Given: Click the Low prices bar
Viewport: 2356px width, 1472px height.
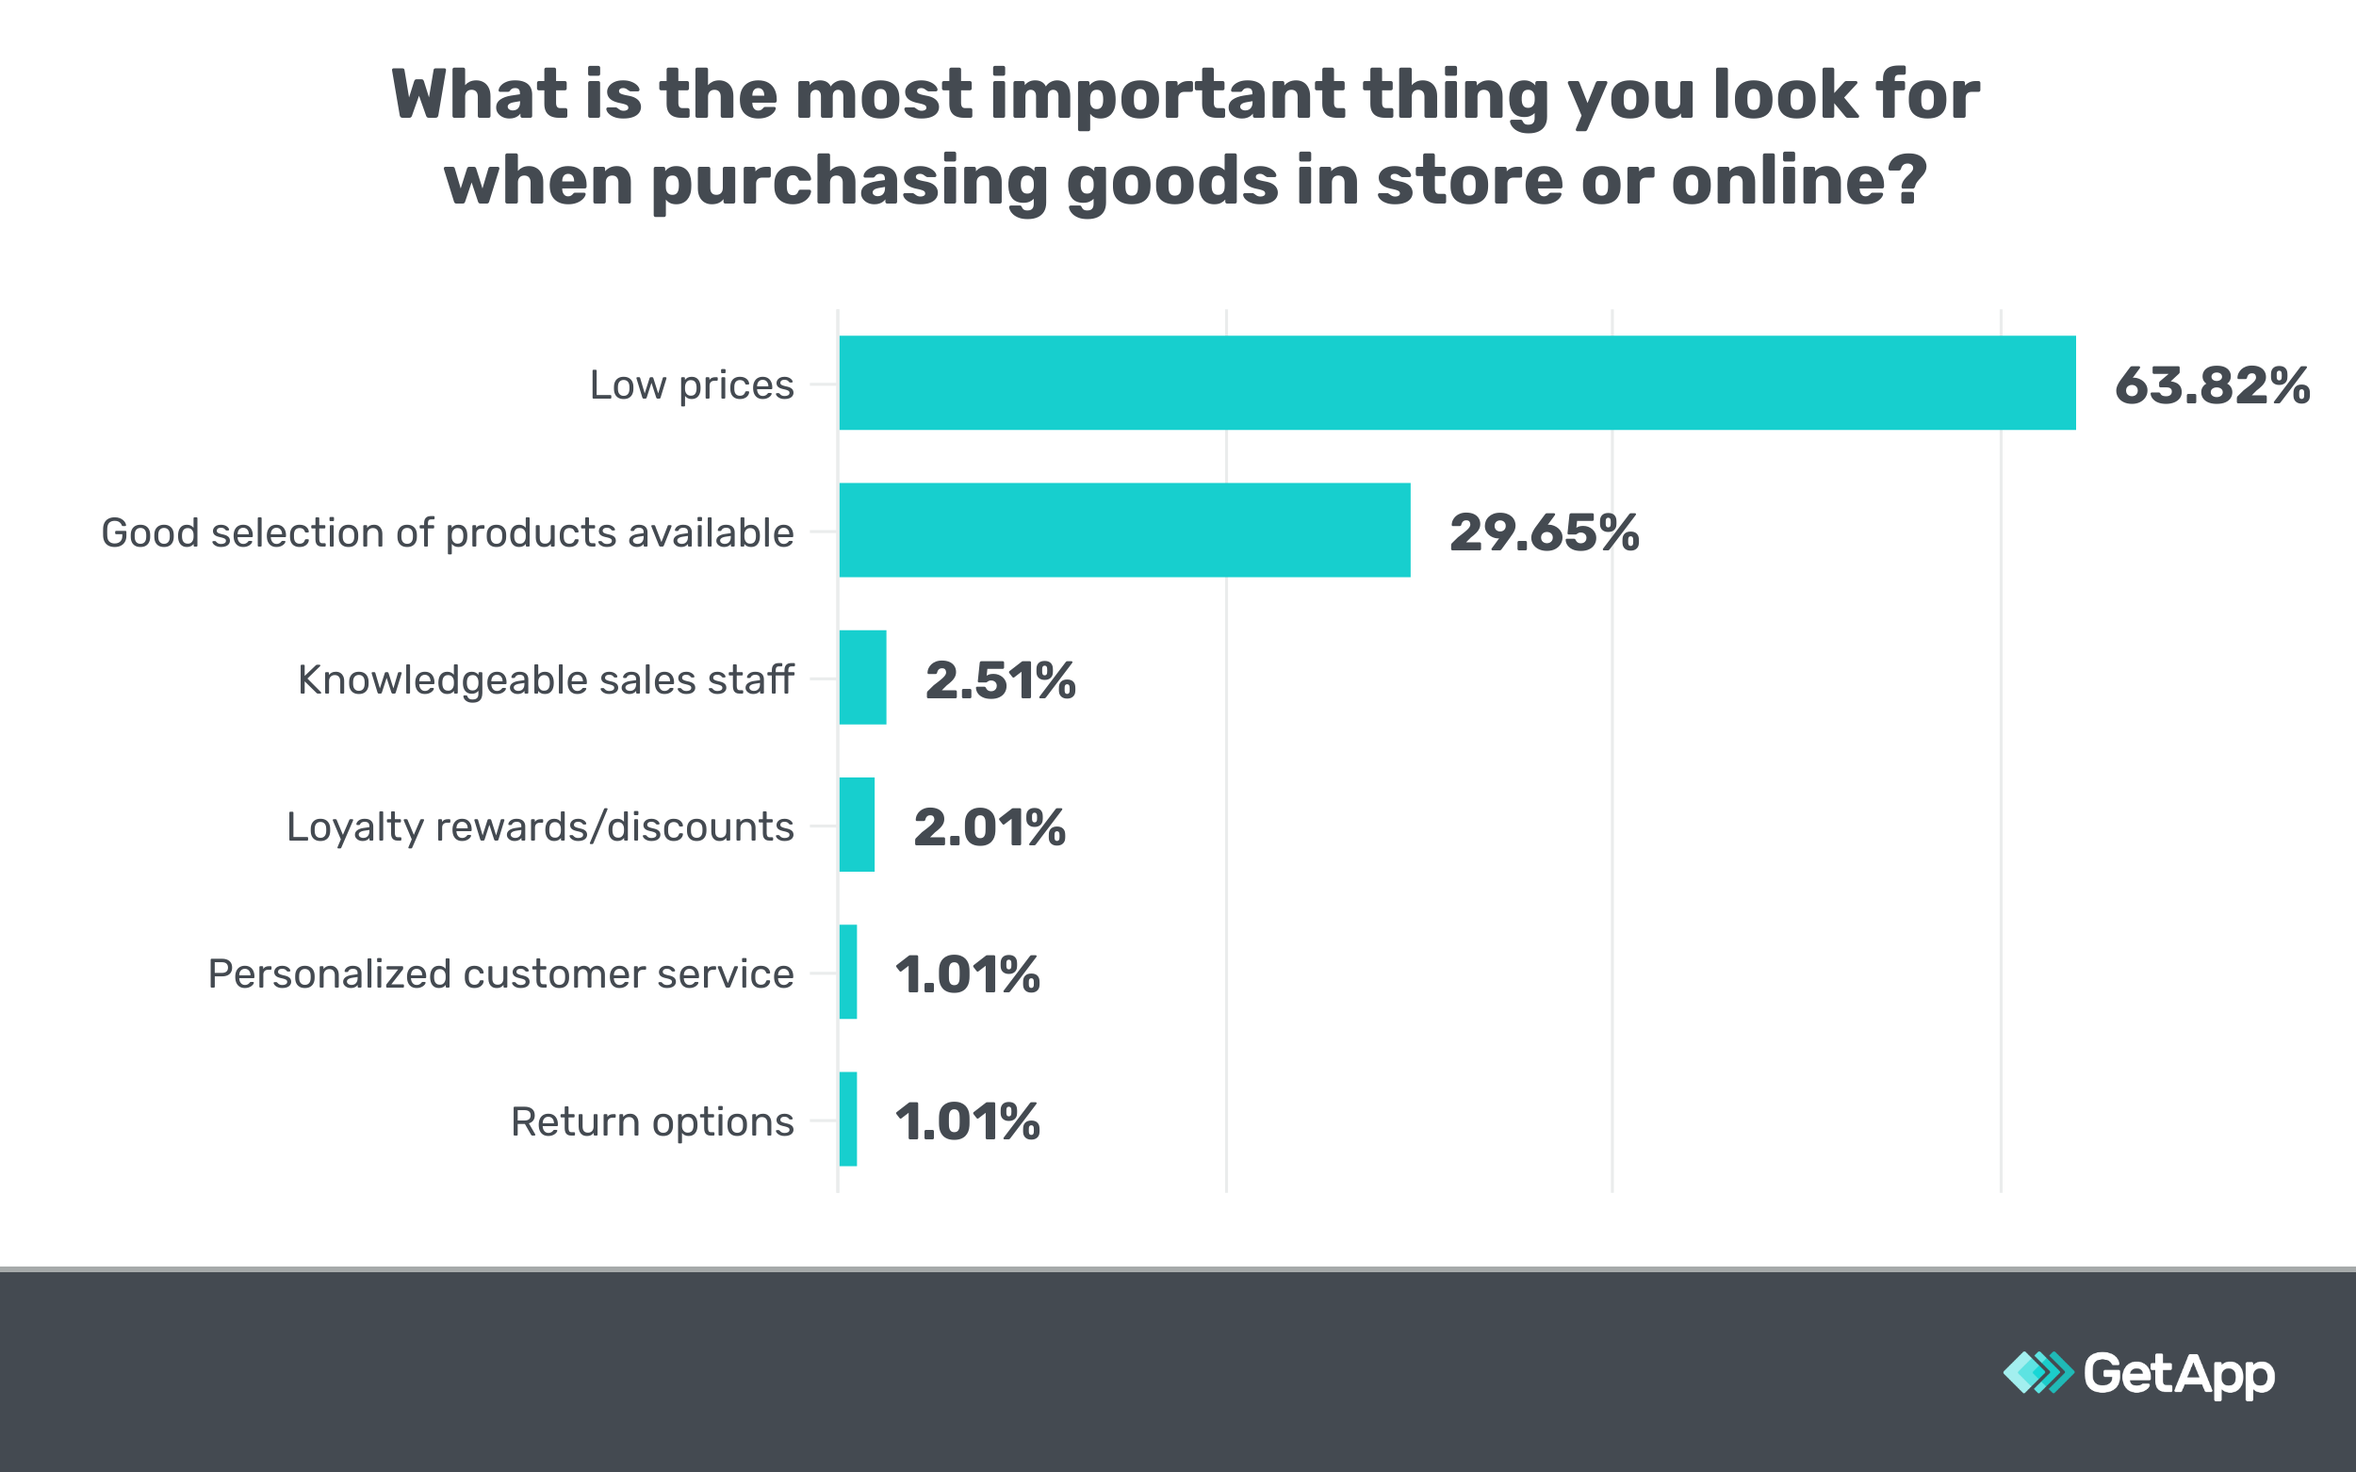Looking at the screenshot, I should [1456, 383].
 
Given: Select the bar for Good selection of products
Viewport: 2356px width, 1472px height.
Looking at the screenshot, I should [1124, 530].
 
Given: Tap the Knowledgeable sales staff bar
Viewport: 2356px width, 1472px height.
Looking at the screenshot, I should [862, 678].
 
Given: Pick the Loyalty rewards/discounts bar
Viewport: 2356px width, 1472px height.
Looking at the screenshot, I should [857, 825].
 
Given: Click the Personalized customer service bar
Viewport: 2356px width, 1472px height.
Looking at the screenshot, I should [848, 972].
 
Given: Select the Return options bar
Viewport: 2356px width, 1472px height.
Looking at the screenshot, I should [848, 1120].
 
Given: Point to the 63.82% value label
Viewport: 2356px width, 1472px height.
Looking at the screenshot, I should [2212, 385].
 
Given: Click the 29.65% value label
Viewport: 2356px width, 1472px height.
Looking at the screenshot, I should [1544, 532].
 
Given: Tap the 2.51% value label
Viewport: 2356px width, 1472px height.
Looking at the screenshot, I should [1000, 680].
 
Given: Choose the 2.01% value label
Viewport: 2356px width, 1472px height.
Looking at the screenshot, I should [990, 827].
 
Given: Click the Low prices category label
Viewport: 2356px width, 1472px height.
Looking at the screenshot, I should [691, 385].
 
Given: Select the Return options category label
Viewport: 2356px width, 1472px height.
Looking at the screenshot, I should [651, 1121].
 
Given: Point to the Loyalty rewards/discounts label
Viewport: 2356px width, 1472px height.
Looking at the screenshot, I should [539, 826].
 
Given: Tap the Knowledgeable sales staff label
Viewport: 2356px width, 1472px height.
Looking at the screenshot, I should [546, 679].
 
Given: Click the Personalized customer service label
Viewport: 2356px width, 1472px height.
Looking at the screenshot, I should [500, 973].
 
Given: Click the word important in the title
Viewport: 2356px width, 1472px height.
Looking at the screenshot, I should [1168, 95].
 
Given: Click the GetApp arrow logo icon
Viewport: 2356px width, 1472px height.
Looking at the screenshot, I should [2037, 1373].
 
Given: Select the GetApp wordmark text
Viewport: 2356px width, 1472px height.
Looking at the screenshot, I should [2179, 1374].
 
